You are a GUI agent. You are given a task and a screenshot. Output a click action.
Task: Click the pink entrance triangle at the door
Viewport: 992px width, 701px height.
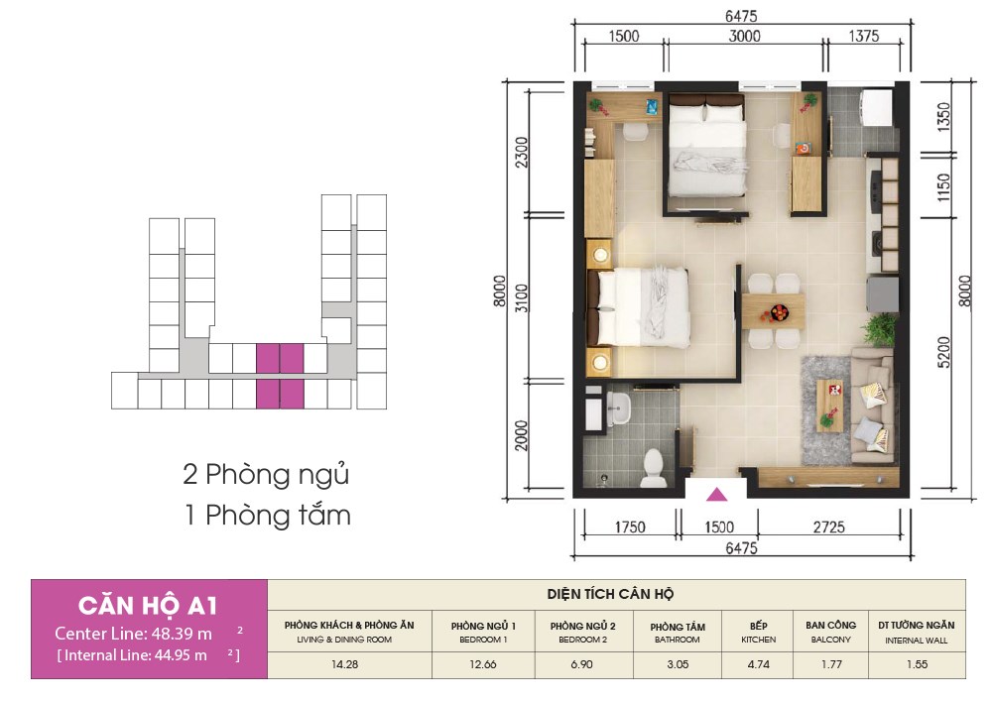(716, 494)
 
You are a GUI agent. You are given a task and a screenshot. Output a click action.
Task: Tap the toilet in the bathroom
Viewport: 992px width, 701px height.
(653, 468)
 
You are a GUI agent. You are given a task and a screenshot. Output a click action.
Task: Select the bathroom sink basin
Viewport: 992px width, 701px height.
(618, 409)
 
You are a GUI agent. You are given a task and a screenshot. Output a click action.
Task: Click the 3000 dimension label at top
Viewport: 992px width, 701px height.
(744, 36)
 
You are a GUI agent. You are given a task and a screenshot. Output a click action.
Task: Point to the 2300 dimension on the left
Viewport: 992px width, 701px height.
(522, 153)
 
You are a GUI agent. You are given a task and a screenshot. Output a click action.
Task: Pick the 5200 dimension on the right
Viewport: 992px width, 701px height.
(943, 353)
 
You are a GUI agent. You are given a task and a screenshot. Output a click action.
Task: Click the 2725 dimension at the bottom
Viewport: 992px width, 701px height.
(828, 526)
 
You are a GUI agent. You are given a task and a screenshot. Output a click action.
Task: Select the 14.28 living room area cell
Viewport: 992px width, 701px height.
(345, 664)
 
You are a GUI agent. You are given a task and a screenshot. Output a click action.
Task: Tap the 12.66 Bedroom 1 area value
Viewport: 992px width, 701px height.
(483, 664)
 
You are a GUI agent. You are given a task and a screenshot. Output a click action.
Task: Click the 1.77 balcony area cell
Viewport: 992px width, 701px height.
(831, 664)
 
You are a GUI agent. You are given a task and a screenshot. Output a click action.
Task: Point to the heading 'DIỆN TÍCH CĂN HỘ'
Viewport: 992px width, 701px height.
(610, 594)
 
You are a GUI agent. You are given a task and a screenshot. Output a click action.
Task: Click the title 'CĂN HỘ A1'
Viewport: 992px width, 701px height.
(148, 606)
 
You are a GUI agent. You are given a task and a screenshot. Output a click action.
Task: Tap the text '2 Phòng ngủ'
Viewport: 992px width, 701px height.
(266, 475)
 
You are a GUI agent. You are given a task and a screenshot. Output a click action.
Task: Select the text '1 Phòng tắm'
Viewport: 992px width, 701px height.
(267, 516)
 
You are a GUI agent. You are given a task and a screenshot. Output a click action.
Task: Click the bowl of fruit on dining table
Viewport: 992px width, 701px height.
(779, 312)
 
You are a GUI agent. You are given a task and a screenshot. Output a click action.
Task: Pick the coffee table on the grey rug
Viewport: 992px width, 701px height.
(829, 406)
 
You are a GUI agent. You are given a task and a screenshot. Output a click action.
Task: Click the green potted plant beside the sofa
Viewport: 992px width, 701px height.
(880, 330)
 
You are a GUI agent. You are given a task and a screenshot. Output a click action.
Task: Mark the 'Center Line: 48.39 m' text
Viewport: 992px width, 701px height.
(134, 634)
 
